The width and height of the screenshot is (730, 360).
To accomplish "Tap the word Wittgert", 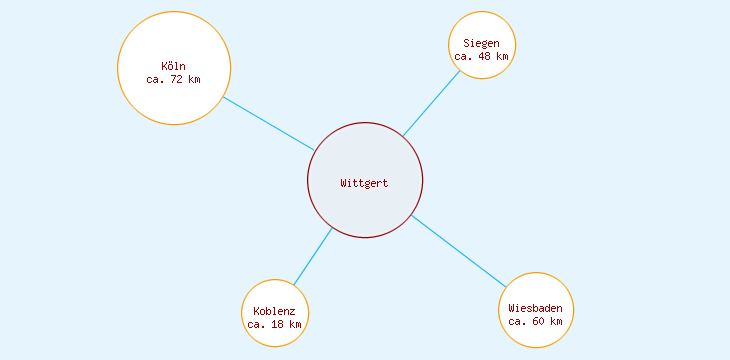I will coord(364,184).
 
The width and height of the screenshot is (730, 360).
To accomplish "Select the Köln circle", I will coord(174,101).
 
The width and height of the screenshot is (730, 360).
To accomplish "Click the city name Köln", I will coord(174,67).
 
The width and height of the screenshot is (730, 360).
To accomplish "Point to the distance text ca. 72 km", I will coord(174,79).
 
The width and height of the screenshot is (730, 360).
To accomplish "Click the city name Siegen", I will coord(482,44).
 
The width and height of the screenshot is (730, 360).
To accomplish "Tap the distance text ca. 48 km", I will coord(482,57).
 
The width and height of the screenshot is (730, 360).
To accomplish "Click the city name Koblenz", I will coord(275,311).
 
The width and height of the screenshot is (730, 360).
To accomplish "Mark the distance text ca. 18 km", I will coord(275,324).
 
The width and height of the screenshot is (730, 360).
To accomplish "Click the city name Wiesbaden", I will coord(536,308).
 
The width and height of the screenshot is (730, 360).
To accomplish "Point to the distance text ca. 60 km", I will coord(536,321).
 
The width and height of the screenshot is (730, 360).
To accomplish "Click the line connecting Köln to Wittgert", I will coord(268,123).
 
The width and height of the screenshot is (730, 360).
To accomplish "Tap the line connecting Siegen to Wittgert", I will coord(431,103).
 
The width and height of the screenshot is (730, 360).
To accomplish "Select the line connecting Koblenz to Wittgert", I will coord(313,256).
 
